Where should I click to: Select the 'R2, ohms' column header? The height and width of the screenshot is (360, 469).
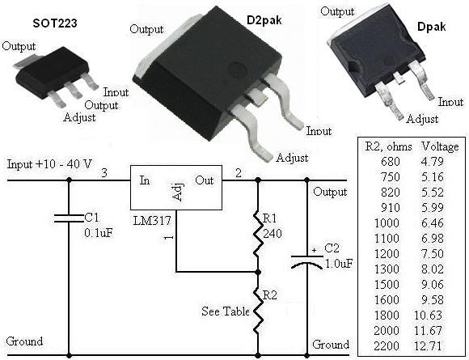(x=388, y=147)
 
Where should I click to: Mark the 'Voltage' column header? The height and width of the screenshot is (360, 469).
(x=441, y=147)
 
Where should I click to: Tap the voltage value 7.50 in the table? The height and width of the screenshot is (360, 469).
(x=441, y=253)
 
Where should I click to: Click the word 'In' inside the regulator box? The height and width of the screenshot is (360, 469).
(x=145, y=180)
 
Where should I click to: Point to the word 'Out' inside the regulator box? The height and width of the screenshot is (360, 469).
(x=205, y=180)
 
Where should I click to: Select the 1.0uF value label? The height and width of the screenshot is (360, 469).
(x=339, y=264)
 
